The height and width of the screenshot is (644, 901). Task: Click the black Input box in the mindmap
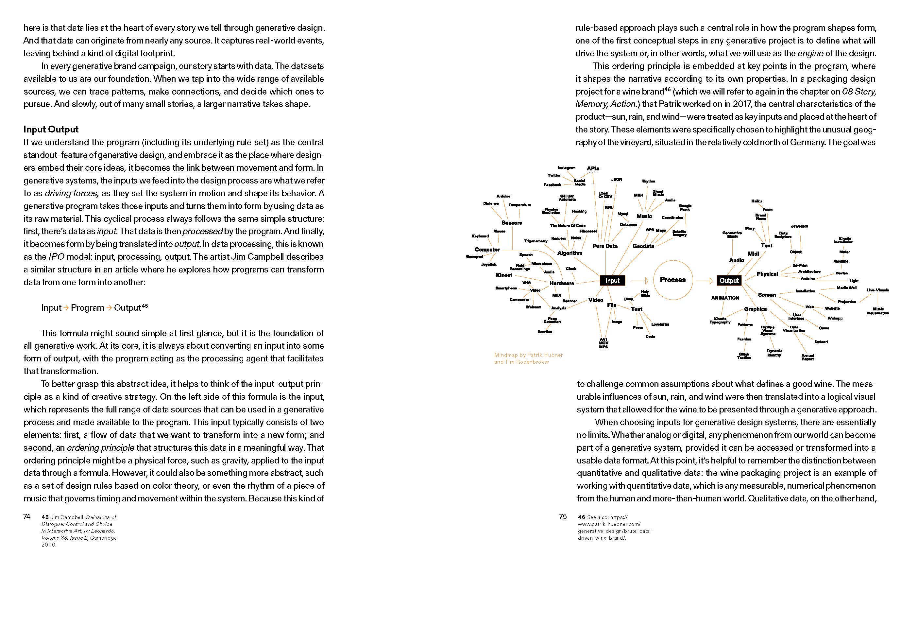click(x=612, y=280)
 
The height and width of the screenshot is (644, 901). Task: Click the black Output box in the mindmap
click(x=729, y=280)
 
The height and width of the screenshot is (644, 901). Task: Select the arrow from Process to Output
click(x=705, y=281)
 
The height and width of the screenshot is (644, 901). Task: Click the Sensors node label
click(x=512, y=223)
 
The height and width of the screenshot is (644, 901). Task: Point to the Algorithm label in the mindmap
click(x=569, y=253)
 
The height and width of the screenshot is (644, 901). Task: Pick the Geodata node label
click(x=643, y=246)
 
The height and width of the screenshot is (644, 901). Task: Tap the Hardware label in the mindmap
click(x=561, y=283)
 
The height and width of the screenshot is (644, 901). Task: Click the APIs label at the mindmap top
click(x=593, y=168)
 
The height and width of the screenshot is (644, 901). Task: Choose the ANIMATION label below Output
click(x=725, y=298)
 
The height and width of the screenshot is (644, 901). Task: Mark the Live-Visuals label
click(x=877, y=290)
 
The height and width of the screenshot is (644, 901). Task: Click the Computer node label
click(x=487, y=250)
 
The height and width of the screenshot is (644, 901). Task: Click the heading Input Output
click(x=51, y=129)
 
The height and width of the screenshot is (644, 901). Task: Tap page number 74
click(x=26, y=516)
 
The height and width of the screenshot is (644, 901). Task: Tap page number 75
click(x=563, y=516)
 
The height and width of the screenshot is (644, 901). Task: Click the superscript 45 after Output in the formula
click(x=145, y=306)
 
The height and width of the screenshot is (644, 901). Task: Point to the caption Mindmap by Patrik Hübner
click(x=528, y=355)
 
